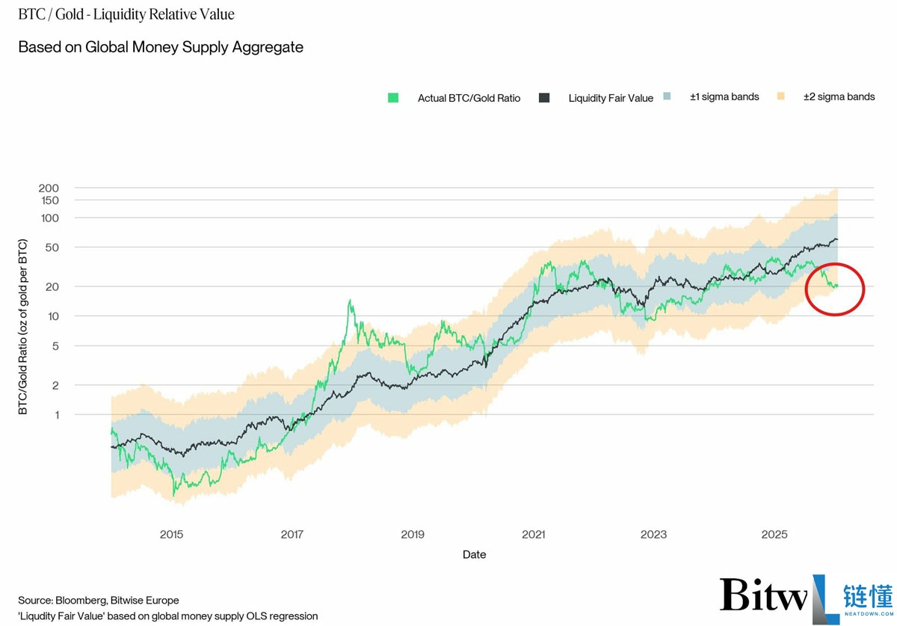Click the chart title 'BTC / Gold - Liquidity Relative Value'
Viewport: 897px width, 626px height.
(126, 14)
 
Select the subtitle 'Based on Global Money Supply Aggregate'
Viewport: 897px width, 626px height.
(161, 47)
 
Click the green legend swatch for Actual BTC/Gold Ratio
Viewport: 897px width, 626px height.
(393, 98)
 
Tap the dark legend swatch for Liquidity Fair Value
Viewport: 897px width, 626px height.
(544, 98)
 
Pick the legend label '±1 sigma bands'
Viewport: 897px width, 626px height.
(724, 97)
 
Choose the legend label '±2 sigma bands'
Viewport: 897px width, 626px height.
(839, 97)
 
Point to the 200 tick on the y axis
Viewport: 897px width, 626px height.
(49, 188)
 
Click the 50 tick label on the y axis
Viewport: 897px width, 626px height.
(52, 248)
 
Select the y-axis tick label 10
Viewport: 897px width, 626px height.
(53, 316)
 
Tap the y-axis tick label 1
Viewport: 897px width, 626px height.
(58, 415)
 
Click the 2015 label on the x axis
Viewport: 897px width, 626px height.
(171, 534)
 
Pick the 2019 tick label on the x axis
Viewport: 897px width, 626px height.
(413, 534)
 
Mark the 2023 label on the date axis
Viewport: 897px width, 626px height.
(653, 534)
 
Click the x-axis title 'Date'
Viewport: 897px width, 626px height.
(474, 555)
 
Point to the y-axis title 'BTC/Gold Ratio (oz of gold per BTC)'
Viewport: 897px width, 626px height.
(23, 327)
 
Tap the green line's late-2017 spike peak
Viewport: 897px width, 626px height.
(350, 300)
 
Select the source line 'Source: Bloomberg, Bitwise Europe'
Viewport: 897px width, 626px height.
(99, 601)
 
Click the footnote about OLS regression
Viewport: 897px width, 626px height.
(167, 616)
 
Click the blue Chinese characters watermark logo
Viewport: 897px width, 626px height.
(868, 596)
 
